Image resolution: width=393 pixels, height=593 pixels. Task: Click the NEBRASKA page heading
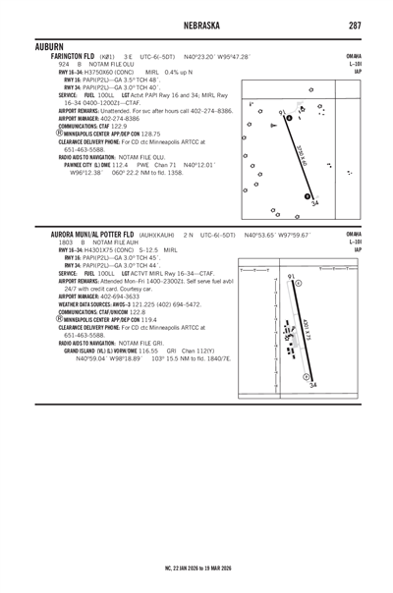tap(196, 26)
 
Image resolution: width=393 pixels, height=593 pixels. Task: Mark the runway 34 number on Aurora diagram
tap(312, 386)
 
